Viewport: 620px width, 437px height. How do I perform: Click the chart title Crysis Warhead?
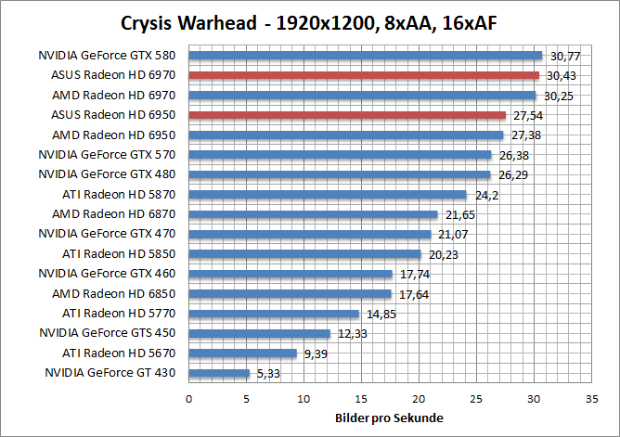(309, 22)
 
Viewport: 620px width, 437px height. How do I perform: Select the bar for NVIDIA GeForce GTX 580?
(365, 56)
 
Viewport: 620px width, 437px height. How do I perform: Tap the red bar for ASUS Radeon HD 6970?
(364, 75)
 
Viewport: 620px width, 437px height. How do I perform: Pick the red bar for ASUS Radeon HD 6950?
(347, 115)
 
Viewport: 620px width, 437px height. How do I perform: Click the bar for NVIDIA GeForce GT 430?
(219, 373)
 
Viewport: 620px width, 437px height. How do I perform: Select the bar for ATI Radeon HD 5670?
(242, 353)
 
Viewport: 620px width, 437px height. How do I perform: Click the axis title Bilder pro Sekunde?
(389, 417)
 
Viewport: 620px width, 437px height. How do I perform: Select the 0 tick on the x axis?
(189, 398)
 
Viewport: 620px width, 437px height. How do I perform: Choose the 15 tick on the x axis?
(361, 398)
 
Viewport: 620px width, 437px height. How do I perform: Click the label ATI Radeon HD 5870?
(122, 194)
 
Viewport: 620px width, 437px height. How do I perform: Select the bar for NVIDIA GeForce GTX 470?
(310, 234)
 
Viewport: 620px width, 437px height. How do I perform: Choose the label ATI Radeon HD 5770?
(122, 314)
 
